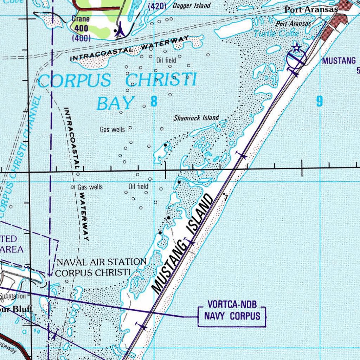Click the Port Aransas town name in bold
point(311,9)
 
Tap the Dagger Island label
point(192,6)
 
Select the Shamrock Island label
point(196,118)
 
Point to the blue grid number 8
point(154,102)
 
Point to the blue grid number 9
point(319,102)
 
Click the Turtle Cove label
point(276,33)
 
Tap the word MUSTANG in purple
point(339,61)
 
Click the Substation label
point(13,296)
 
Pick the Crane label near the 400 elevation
point(81,19)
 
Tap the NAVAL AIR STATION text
point(101,262)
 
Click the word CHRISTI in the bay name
point(161,80)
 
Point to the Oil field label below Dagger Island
point(166,60)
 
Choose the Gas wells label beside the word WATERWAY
point(90,187)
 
